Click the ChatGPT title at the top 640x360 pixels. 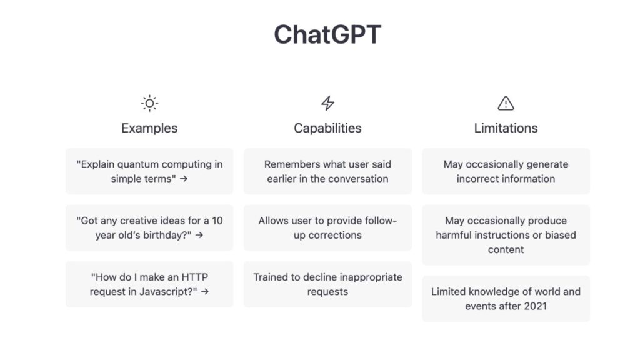[327, 34]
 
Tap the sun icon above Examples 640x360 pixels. [149, 103]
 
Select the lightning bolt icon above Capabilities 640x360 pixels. [327, 103]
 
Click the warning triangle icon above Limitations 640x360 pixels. [506, 103]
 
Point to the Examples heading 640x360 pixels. [149, 128]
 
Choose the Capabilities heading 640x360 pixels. [327, 128]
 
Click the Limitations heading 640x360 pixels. [506, 128]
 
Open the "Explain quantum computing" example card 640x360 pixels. [149, 171]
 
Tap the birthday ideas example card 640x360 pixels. [149, 227]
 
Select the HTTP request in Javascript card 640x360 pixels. [149, 284]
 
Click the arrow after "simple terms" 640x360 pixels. [184, 179]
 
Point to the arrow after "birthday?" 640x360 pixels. [199, 235]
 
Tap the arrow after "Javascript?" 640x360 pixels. [205, 292]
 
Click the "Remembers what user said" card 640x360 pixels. [327, 171]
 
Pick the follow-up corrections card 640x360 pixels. [327, 227]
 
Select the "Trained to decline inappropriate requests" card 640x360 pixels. [327, 284]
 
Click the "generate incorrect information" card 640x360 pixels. [506, 171]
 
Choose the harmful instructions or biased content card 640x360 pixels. [506, 235]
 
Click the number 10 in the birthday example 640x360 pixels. [217, 221]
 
